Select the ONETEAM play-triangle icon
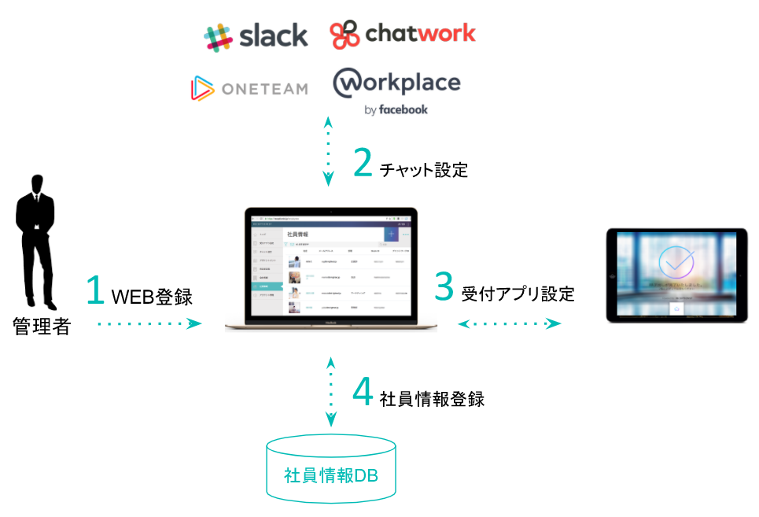[201, 89]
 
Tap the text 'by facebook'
[396, 110]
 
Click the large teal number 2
[363, 162]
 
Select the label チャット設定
[423, 169]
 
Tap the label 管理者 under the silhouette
[42, 326]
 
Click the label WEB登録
[152, 297]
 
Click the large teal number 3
[444, 286]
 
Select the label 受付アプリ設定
[518, 294]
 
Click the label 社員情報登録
[432, 399]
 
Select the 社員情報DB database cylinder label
[331, 475]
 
